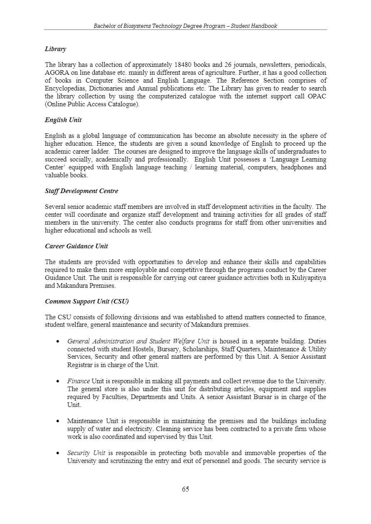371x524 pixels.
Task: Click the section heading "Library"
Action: pos(55,49)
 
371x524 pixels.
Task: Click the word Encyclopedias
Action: pos(64,88)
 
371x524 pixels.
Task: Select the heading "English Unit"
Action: pos(63,120)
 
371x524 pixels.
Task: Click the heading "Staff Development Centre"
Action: pos(81,191)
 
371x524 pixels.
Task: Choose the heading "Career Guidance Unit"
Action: pos(76,246)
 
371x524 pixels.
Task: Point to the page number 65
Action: pos(185,489)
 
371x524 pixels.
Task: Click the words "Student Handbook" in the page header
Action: pos(254,26)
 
